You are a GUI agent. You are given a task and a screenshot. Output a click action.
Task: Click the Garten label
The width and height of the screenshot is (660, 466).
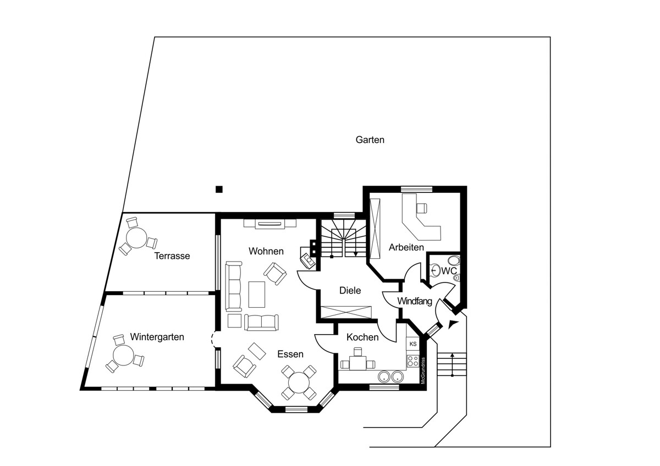pyautogui.click(x=370, y=140)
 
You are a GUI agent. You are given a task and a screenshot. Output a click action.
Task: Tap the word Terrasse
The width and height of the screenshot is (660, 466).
pyautogui.click(x=172, y=256)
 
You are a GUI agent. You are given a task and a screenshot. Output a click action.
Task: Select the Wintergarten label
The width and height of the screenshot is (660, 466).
pyautogui.click(x=157, y=337)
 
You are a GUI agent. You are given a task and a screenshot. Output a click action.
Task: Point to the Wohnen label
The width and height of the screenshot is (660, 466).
pyautogui.click(x=266, y=251)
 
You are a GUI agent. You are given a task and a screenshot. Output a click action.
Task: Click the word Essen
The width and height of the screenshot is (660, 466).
pyautogui.click(x=290, y=354)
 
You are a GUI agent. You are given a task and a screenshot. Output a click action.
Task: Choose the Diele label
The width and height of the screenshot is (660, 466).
pyautogui.click(x=350, y=291)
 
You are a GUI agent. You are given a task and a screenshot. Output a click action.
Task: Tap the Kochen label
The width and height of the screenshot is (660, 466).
pyautogui.click(x=362, y=337)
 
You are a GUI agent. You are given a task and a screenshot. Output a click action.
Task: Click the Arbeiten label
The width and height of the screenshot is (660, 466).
pyautogui.click(x=406, y=247)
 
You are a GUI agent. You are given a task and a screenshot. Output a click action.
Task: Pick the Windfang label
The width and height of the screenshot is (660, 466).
pyautogui.click(x=415, y=301)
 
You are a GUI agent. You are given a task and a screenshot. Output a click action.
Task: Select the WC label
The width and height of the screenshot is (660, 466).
pyautogui.click(x=449, y=271)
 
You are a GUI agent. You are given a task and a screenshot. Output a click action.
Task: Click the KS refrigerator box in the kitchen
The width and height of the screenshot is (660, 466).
pyautogui.click(x=413, y=344)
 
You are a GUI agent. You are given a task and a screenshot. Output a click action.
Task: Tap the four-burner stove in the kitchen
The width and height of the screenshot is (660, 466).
pyautogui.click(x=413, y=361)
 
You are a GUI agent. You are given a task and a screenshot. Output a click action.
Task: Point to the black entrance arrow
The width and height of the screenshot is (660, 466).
pyautogui.click(x=453, y=324)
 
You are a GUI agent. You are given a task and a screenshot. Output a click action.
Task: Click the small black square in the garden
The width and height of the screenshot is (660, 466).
pyautogui.click(x=219, y=189)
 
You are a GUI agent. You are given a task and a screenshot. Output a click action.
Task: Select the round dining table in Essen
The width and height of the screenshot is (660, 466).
pyautogui.click(x=299, y=382)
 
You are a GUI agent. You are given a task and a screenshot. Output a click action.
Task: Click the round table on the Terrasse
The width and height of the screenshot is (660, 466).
pyautogui.click(x=136, y=238)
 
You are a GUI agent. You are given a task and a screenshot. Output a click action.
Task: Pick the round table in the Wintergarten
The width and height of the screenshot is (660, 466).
pyautogui.click(x=123, y=356)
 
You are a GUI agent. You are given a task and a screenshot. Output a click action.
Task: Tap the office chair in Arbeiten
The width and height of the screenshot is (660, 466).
pyautogui.click(x=421, y=208)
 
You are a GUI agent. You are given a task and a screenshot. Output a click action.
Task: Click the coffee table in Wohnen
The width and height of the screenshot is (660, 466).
pyautogui.click(x=257, y=295)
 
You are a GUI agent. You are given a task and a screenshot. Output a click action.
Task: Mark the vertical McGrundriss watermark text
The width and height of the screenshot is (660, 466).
pyautogui.click(x=423, y=370)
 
